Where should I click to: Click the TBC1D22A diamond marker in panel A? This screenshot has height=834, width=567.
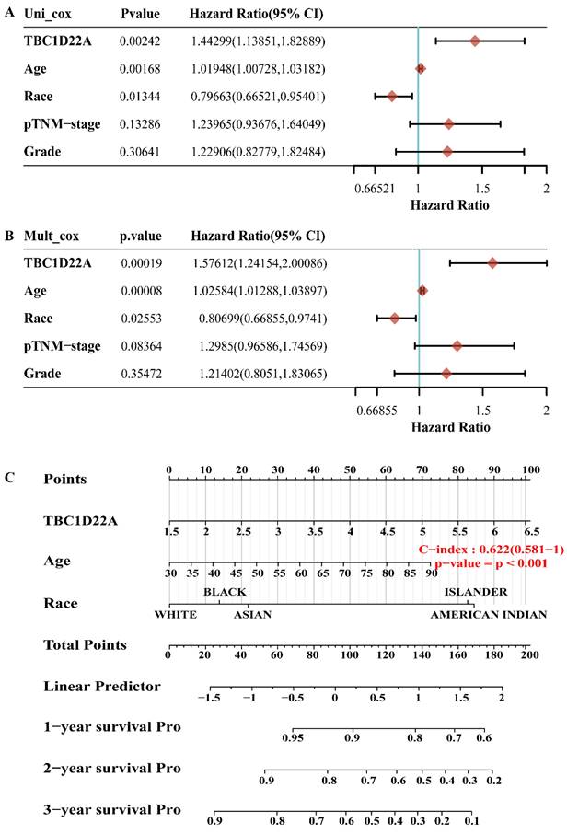tap(475, 41)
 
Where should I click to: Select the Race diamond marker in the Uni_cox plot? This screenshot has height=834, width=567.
tap(392, 96)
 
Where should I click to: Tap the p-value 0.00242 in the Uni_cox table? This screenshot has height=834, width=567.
tap(140, 41)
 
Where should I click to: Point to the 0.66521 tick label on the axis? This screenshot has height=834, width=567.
tap(375, 189)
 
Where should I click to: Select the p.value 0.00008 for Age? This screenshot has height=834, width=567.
tap(141, 292)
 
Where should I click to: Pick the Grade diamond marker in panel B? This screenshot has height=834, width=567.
tap(446, 374)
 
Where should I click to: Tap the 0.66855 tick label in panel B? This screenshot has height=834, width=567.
tap(376, 411)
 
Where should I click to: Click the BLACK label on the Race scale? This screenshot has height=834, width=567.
tap(225, 592)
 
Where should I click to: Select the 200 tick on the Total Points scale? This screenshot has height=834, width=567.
tap(526, 656)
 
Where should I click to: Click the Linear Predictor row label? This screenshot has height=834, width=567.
tap(101, 687)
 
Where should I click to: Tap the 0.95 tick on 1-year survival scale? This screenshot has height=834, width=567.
tap(294, 738)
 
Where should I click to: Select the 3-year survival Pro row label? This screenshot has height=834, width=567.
tap(111, 809)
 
